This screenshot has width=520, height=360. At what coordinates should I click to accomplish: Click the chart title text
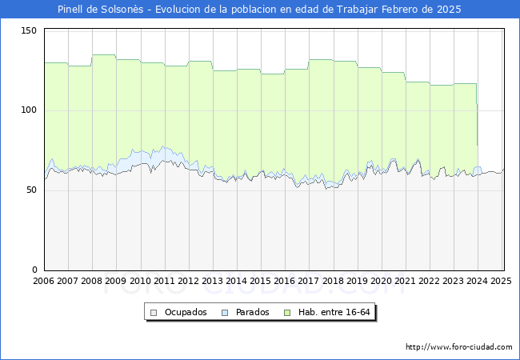click(259, 10)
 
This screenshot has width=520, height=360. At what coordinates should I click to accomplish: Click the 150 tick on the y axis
click(30, 30)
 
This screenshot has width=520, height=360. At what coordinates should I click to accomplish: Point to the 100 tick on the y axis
click(30, 110)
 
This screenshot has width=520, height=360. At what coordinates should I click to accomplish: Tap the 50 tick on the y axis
click(32, 190)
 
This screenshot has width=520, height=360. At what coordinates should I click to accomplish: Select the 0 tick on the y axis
click(34, 270)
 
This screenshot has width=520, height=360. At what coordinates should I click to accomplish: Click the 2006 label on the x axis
click(44, 281)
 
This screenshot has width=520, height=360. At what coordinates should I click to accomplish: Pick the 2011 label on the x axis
click(164, 281)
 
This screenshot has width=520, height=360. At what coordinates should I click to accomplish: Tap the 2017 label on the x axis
click(309, 281)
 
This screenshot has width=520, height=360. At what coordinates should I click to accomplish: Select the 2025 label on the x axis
click(500, 281)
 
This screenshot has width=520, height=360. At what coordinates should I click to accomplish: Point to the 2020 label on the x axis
click(381, 281)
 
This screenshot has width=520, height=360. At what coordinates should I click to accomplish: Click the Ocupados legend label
click(186, 312)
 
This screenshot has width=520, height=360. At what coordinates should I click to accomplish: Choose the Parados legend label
click(252, 312)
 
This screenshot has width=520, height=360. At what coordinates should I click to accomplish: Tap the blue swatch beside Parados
click(226, 312)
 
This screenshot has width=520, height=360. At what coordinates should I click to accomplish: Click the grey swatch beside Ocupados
click(152, 312)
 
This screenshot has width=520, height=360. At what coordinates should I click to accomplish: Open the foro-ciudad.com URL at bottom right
click(459, 347)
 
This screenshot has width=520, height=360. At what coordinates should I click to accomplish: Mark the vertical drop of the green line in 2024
click(478, 124)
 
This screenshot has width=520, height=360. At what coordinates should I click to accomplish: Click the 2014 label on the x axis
click(237, 281)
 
